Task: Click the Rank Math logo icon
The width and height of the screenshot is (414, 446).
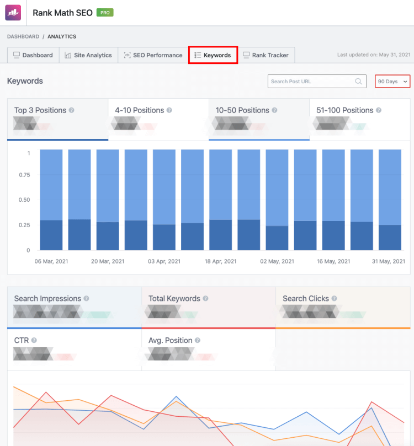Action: pos(13,13)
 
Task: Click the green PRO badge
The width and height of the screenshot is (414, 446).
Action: pos(105,12)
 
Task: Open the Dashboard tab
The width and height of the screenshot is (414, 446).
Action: pos(33,55)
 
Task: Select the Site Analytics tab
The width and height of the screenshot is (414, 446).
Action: pos(88,55)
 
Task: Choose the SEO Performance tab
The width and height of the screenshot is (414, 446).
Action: pos(153,55)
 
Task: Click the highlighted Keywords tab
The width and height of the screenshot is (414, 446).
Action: pos(213,55)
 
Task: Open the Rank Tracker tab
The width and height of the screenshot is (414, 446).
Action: pos(266,55)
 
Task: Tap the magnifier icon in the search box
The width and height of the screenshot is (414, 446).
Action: pos(359,82)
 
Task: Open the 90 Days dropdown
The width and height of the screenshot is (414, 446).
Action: pos(392,82)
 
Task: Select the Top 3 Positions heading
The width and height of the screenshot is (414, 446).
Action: pos(40,110)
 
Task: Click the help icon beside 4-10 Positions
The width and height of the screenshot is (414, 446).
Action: pos(169,110)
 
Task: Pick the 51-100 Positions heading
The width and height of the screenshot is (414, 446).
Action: pos(344,110)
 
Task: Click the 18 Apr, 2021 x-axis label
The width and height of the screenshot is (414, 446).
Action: pos(220,261)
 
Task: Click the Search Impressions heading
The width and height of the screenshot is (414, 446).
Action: pos(47,299)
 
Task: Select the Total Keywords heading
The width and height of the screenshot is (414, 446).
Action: pos(174,299)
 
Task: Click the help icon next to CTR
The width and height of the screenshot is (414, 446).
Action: pos(34,341)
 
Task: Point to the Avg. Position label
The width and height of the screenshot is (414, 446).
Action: pos(170,341)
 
